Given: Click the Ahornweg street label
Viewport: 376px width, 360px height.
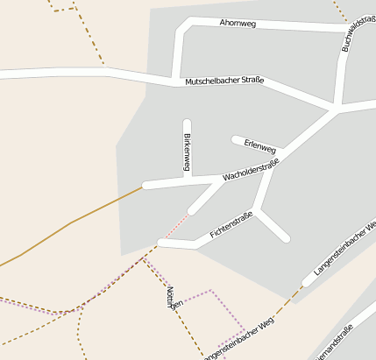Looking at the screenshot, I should tap(238, 24).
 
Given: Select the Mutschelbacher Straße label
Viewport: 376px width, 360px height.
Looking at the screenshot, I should tap(224, 81).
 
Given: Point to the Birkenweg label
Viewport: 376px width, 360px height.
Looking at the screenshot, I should tap(187, 152).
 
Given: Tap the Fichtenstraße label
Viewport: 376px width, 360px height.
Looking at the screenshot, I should tap(231, 225).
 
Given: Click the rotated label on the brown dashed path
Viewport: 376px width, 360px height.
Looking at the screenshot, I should tap(174, 298).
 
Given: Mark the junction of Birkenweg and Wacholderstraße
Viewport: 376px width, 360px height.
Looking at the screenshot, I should tap(187, 180).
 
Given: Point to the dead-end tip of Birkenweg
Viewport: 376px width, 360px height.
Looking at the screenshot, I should tap(187, 122).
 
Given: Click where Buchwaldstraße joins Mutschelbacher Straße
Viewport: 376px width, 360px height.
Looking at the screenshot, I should tap(336, 108).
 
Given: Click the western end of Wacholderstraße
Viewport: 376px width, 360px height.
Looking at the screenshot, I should tap(145, 186).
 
